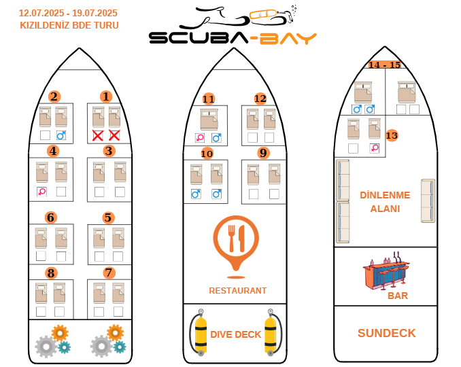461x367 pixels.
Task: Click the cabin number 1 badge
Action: click(x=106, y=97)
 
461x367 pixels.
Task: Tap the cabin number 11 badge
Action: click(x=209, y=99)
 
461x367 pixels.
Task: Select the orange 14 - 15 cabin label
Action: click(x=385, y=65)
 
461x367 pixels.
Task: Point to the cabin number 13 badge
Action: click(x=392, y=135)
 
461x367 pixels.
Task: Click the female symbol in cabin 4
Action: click(x=41, y=192)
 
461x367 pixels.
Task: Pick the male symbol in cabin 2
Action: click(x=61, y=135)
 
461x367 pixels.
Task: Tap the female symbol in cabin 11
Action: click(x=200, y=137)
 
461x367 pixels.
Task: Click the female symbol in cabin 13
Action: click(x=375, y=148)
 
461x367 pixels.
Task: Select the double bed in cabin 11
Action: click(x=209, y=120)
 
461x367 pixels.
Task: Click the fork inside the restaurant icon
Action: click(x=232, y=239)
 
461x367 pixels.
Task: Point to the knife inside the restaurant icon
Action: click(x=242, y=239)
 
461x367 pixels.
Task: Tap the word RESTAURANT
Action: click(x=237, y=291)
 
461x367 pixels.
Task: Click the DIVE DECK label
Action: click(x=236, y=334)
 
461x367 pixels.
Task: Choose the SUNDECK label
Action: click(x=387, y=333)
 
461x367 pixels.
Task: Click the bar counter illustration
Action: click(x=386, y=271)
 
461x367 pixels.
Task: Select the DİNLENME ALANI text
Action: click(x=385, y=202)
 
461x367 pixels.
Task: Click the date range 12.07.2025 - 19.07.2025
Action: click(x=68, y=13)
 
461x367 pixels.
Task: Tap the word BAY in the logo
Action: click(x=288, y=38)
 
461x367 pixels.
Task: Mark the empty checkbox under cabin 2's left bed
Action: click(x=45, y=135)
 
